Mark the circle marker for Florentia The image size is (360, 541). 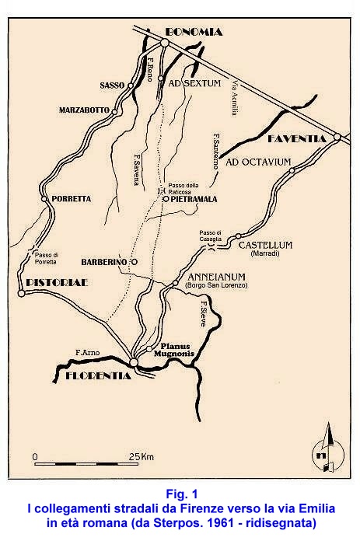[134, 362]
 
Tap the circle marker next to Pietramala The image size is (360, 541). [165, 199]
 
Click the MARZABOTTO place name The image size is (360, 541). [84, 111]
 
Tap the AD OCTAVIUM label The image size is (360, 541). [258, 163]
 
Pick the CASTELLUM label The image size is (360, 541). [265, 245]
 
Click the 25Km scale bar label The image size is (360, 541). [142, 455]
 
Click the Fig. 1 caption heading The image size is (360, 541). [182, 494]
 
